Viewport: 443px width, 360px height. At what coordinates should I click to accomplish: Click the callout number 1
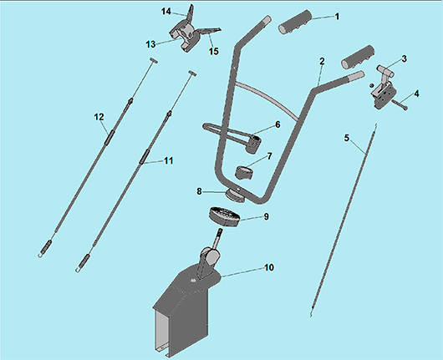tap(337, 17)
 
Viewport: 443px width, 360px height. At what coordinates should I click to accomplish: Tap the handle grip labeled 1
tap(295, 22)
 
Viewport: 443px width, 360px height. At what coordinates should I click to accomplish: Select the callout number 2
tap(322, 61)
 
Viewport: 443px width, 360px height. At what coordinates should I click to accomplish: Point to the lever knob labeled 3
tap(384, 69)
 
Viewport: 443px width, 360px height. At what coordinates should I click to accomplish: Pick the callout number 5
tap(347, 139)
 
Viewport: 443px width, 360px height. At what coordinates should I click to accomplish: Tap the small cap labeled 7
tap(244, 173)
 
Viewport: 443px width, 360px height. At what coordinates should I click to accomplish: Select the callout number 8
tap(199, 191)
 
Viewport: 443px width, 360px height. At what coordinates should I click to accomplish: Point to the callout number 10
tap(269, 267)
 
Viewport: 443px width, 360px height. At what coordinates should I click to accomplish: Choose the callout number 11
tap(169, 160)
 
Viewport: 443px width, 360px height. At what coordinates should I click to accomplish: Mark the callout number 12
tap(99, 117)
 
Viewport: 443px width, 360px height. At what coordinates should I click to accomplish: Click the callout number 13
tap(150, 44)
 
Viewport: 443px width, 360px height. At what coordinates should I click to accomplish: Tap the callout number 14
tap(166, 12)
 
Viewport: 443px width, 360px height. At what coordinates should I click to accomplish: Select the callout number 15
tap(214, 51)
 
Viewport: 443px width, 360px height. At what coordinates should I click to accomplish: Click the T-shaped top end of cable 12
tap(153, 60)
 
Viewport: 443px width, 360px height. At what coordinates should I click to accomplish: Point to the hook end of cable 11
tap(78, 271)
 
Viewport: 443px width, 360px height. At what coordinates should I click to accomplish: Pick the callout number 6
tap(278, 124)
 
